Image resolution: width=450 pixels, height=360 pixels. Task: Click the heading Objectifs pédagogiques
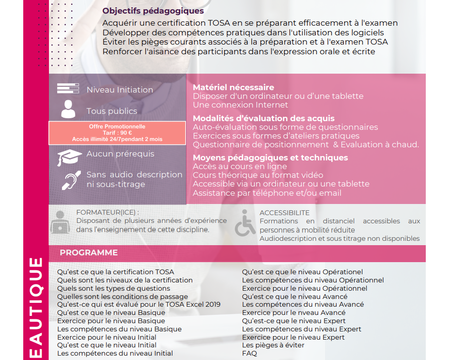click(153, 11)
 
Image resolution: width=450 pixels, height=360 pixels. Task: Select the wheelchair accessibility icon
click(245, 223)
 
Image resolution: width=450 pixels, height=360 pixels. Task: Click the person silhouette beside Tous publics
click(68, 110)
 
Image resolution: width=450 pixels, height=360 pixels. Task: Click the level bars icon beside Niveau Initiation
click(68, 89)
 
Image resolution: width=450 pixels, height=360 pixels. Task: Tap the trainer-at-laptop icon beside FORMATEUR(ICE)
click(60, 222)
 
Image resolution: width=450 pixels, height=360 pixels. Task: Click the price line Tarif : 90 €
click(117, 133)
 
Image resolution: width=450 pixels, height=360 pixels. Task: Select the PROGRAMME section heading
click(89, 252)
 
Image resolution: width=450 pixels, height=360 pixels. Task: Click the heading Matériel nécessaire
click(233, 87)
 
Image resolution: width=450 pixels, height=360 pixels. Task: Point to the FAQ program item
click(249, 353)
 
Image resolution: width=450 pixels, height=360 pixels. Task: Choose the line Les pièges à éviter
click(273, 345)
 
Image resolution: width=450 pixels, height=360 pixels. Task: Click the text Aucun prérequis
click(120, 154)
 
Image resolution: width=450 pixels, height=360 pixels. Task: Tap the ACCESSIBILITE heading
click(284, 213)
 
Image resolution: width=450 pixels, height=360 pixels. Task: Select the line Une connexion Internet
click(240, 105)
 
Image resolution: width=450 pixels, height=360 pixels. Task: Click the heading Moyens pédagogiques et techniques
click(270, 157)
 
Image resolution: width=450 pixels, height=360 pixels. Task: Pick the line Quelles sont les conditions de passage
click(123, 296)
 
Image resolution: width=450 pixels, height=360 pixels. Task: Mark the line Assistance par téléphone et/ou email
click(267, 193)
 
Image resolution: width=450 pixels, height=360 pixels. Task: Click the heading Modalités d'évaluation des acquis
click(264, 118)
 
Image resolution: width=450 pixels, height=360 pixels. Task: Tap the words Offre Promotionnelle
click(117, 126)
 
